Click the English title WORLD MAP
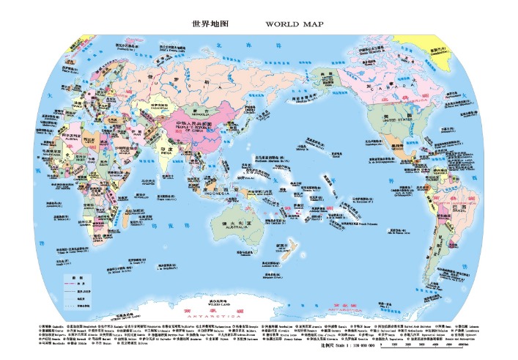coord(293,23)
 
